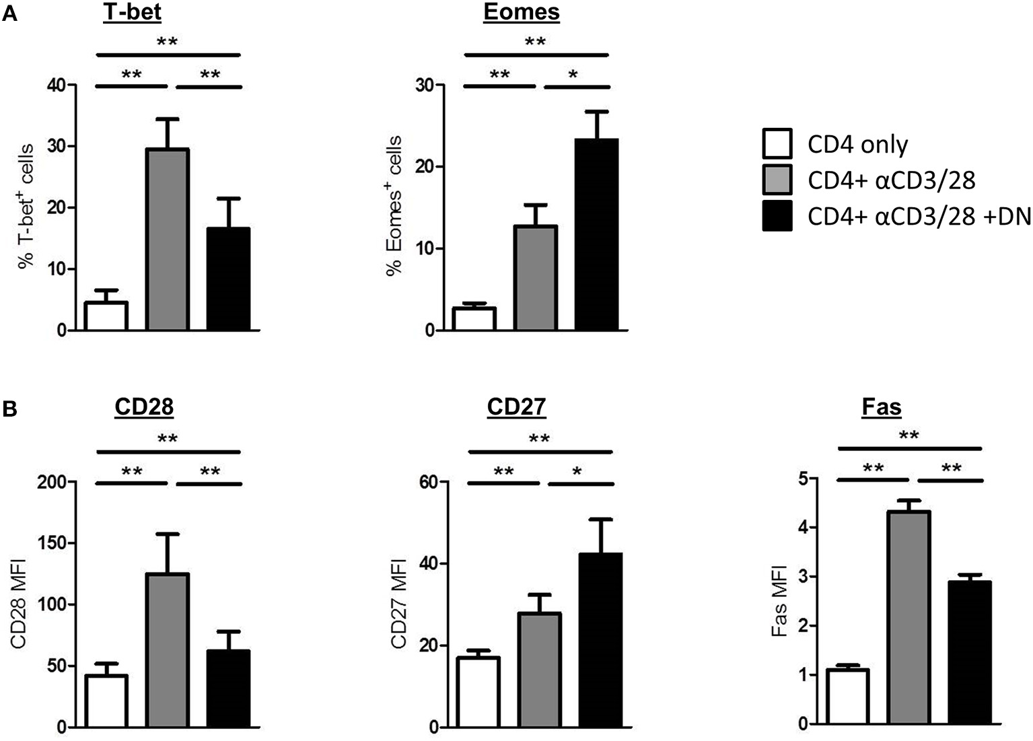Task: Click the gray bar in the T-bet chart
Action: pyautogui.click(x=168, y=240)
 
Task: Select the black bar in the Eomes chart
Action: pyautogui.click(x=596, y=235)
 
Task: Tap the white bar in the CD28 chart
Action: pyautogui.click(x=106, y=701)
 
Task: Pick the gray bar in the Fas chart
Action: pyautogui.click(x=909, y=618)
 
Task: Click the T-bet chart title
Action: pyautogui.click(x=132, y=12)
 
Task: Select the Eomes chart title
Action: pyautogui.click(x=522, y=12)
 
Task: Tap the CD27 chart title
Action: pyautogui.click(x=517, y=407)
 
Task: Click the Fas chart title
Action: pyautogui.click(x=882, y=407)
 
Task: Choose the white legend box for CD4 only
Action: pyautogui.click(x=777, y=144)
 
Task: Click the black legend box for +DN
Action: pyautogui.click(x=777, y=216)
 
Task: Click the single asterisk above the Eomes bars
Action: pyautogui.click(x=573, y=75)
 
